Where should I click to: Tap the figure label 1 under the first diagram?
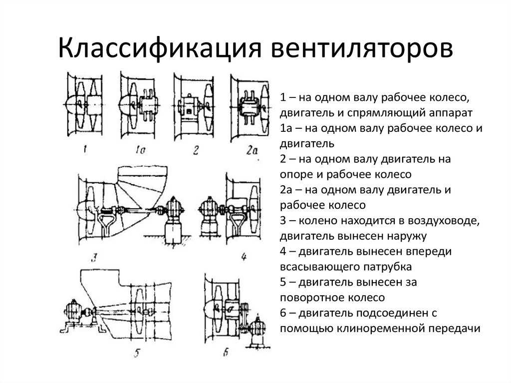pyautogui.click(x=85, y=150)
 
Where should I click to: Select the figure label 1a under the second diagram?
pyautogui.click(x=140, y=150)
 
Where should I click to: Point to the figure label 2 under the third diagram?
pyautogui.click(x=196, y=150)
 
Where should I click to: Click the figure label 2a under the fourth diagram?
pyautogui.click(x=252, y=150)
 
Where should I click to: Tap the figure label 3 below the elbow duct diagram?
pyautogui.click(x=93, y=258)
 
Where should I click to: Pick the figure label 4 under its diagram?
pyautogui.click(x=244, y=257)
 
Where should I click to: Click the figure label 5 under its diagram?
pyautogui.click(x=137, y=353)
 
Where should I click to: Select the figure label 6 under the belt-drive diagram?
pyautogui.click(x=226, y=353)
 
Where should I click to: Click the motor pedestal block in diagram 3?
pyautogui.click(x=173, y=231)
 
